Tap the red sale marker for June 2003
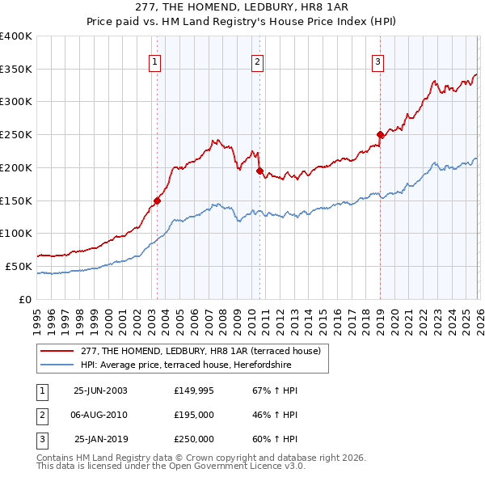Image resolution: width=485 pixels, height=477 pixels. (x=157, y=201)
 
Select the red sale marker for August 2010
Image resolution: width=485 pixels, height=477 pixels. (x=259, y=171)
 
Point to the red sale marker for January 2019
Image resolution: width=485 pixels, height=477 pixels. (x=380, y=134)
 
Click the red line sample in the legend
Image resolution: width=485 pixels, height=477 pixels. (x=57, y=351)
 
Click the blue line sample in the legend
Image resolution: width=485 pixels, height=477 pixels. (x=57, y=365)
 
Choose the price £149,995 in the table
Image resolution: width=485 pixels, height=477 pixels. (x=194, y=390)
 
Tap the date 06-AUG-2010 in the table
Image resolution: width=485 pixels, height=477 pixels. (x=99, y=415)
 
